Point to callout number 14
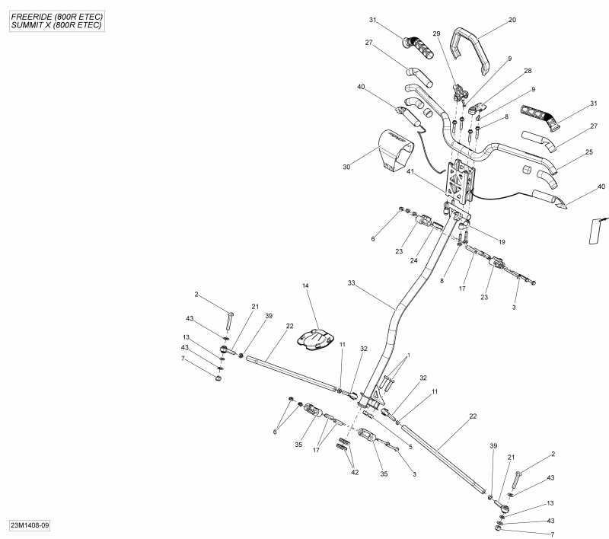click(x=305, y=286)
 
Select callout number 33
click(x=352, y=283)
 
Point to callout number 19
click(x=502, y=241)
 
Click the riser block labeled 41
click(x=460, y=183)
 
